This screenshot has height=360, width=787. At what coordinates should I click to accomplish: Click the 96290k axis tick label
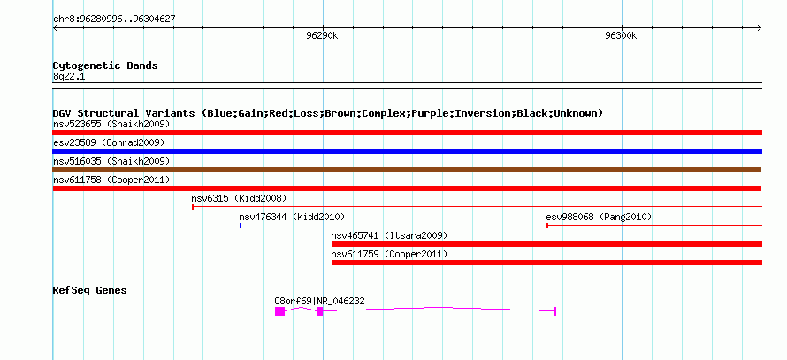322,36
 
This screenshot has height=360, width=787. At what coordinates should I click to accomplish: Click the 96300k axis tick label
621,36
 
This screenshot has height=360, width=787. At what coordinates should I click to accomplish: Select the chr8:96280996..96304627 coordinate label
114,19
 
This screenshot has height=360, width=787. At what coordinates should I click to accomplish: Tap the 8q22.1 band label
69,76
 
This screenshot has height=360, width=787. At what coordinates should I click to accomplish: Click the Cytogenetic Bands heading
105,65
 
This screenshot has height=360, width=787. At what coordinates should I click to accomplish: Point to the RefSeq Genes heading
89,290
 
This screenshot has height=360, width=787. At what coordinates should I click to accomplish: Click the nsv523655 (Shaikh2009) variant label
111,124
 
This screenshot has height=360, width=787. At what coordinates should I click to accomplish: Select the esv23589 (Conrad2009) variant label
109,142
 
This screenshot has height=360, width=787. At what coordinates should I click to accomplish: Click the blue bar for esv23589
407,151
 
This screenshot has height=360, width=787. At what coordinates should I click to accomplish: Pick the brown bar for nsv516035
407,170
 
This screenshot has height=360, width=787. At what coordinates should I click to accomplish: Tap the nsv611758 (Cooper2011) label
111,180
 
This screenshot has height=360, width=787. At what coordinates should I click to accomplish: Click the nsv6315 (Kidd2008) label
239,198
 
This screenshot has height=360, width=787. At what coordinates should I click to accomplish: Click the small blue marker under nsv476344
241,226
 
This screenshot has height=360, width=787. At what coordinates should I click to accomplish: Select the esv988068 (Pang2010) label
599,217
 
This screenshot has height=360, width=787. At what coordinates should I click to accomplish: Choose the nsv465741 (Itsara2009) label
389,235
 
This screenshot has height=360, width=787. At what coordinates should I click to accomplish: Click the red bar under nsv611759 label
547,263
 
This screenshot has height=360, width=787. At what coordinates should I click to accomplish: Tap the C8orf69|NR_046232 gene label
319,302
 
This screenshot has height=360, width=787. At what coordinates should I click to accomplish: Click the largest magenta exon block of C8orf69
279,311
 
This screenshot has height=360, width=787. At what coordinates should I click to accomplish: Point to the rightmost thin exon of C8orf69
554,311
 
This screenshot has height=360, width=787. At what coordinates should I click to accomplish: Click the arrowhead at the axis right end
760,28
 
